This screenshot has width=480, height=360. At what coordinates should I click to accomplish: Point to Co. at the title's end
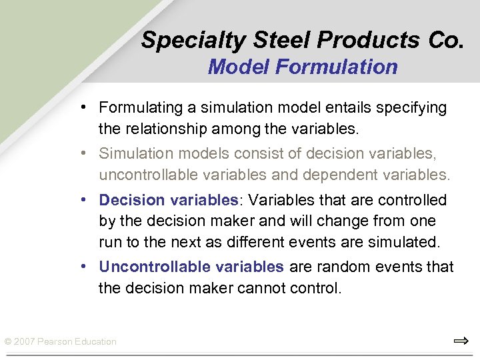445,41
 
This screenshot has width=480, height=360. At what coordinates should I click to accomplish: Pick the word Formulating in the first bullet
136,107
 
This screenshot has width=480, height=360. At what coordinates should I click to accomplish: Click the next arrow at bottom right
461,341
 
